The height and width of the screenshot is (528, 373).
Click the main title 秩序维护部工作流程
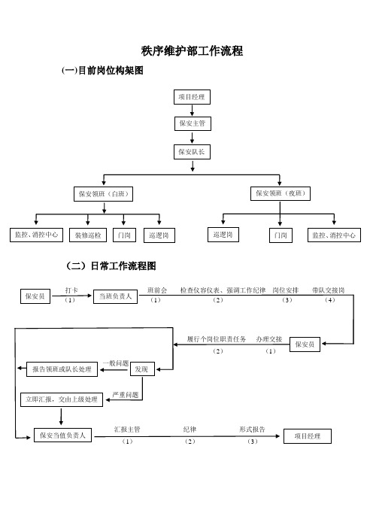(x=192, y=51)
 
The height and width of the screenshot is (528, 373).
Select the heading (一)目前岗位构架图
(x=102, y=71)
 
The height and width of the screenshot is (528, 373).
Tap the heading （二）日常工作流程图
(x=111, y=266)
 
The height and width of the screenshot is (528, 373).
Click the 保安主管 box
(x=193, y=123)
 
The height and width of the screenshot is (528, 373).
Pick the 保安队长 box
(x=192, y=152)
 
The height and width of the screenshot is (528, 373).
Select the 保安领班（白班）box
(x=103, y=194)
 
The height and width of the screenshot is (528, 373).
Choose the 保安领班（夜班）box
(x=280, y=193)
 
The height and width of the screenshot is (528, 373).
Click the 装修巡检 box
(x=88, y=235)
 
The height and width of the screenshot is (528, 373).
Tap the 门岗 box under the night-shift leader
(x=281, y=235)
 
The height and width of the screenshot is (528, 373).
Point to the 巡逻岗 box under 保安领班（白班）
(x=159, y=235)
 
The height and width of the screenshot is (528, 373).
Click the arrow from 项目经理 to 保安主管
(x=192, y=110)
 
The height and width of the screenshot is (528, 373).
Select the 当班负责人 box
(x=116, y=296)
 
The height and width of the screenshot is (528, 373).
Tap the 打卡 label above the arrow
(x=71, y=290)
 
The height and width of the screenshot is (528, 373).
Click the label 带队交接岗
(x=328, y=290)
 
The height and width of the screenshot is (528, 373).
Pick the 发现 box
(x=142, y=369)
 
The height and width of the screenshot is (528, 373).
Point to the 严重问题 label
(x=126, y=395)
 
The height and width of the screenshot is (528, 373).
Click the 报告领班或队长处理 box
(x=62, y=369)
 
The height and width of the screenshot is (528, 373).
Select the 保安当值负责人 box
(x=63, y=435)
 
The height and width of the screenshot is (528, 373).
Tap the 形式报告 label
(x=252, y=429)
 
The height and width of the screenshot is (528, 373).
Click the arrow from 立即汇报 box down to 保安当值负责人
(x=61, y=416)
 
